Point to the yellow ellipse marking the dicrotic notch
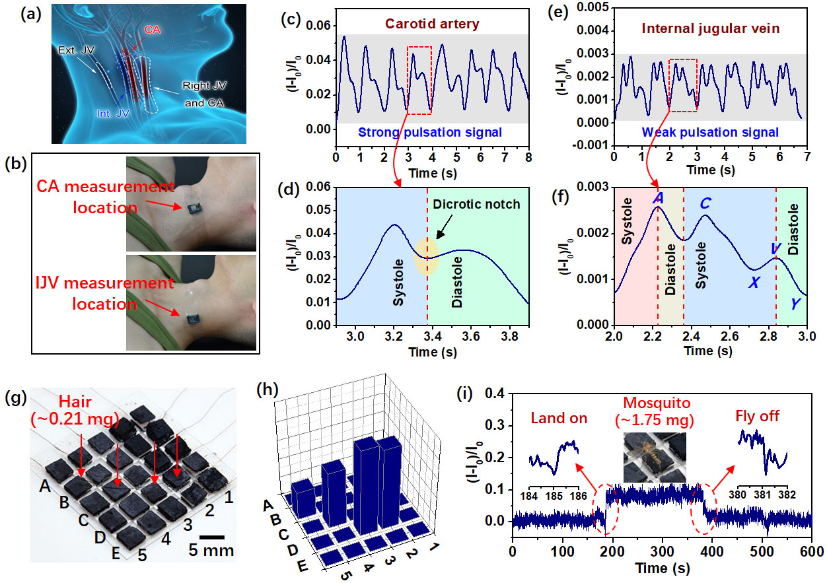click(427, 257)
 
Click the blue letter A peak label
click(657, 198)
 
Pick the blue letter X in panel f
click(753, 283)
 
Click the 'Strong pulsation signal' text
click(431, 132)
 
